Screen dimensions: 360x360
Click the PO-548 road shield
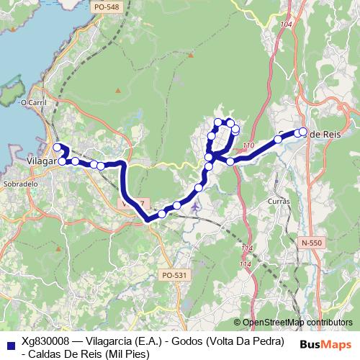(x=106, y=6)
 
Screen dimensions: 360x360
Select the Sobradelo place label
(x=20, y=184)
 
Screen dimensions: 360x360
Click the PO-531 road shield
(x=175, y=274)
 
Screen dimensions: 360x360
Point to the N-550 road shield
(x=312, y=243)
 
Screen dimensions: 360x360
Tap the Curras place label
(x=278, y=201)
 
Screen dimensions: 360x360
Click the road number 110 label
(x=248, y=146)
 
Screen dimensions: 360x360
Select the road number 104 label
(x=287, y=24)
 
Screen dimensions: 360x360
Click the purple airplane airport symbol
(x=197, y=207)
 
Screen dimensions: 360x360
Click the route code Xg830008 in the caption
(x=45, y=341)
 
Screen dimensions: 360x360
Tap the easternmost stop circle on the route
(x=302, y=132)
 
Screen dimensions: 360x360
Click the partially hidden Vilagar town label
(x=40, y=161)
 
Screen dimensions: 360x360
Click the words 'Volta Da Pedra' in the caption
(x=246, y=341)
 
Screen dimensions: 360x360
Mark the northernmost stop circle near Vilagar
(x=57, y=148)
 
